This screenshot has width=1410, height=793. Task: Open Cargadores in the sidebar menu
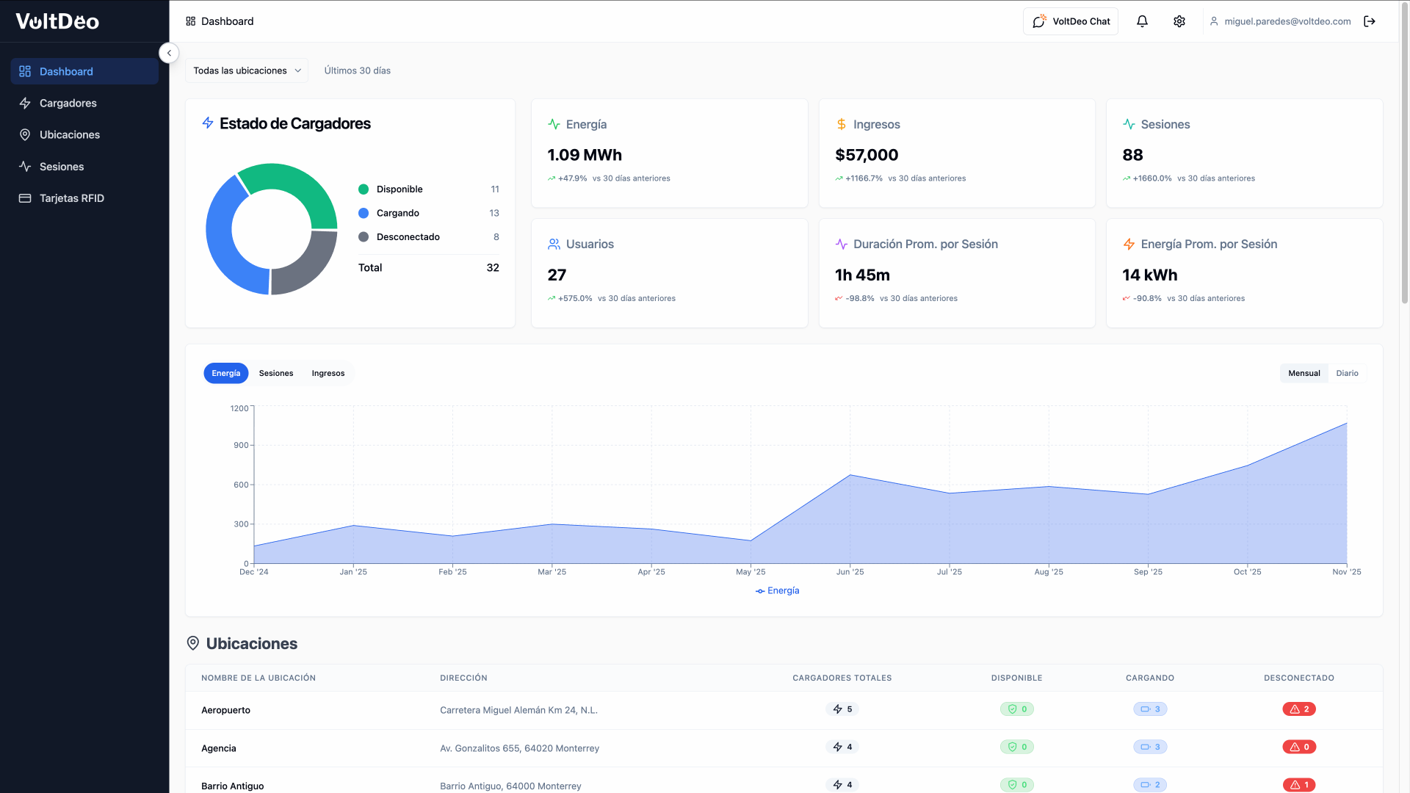click(68, 103)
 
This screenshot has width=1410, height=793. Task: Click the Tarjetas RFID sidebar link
click(71, 198)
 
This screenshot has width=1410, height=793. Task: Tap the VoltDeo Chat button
click(1071, 21)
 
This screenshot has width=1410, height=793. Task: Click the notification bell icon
click(1142, 21)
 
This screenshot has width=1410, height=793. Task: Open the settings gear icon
click(1179, 21)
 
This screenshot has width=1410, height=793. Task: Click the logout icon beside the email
click(1370, 21)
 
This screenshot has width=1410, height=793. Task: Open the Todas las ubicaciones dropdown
click(247, 70)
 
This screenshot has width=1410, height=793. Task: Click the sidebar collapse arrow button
click(169, 53)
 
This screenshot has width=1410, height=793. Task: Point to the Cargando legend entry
click(397, 213)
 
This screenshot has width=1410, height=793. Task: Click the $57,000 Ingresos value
click(867, 155)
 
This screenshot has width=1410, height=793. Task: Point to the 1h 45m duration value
click(862, 275)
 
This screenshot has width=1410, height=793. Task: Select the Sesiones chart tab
click(276, 373)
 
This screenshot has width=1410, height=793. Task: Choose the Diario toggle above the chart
click(1347, 373)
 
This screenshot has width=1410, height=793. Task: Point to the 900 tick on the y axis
click(241, 445)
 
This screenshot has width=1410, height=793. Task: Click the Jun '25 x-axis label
click(850, 572)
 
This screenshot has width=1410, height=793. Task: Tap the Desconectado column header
click(1299, 678)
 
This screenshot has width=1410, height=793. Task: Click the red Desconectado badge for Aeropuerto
click(1299, 709)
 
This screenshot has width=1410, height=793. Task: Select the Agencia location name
click(219, 748)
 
